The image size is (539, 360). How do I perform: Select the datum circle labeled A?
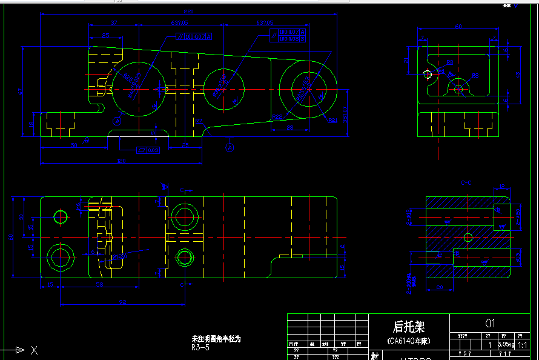230,147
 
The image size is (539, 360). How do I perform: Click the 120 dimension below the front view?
121,161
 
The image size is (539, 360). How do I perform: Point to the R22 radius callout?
278,116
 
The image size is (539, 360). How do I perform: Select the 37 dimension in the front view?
113,23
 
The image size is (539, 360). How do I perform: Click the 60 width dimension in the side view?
458,27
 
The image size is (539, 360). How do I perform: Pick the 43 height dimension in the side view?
517,75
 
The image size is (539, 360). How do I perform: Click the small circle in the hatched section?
467,236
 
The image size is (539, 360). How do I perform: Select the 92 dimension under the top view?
122,302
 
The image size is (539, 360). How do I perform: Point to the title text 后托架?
409,326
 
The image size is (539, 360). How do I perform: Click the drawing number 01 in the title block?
490,323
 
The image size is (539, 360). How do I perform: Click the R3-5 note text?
200,348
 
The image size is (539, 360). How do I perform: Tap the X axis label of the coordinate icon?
34,350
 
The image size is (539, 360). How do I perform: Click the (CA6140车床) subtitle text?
409,341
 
